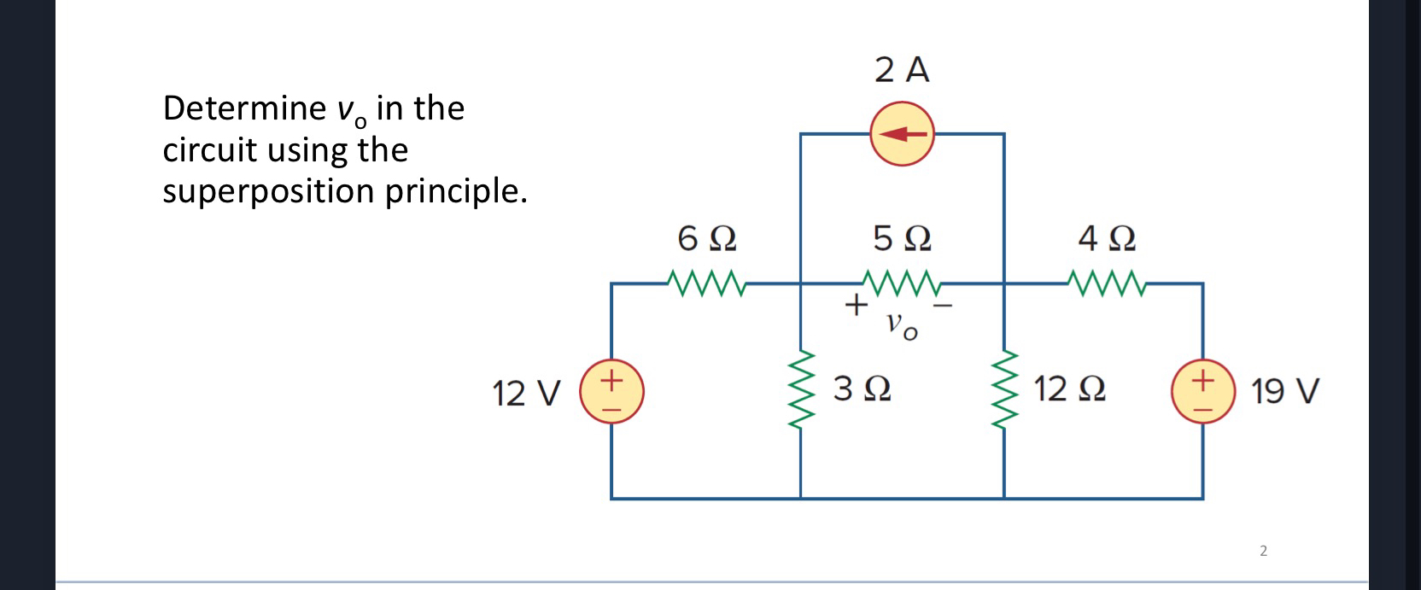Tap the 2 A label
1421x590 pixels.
[902, 70]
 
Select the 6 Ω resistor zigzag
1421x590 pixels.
[706, 282]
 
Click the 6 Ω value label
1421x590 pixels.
[707, 238]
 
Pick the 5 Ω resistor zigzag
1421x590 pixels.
[902, 282]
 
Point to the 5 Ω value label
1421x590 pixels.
[902, 238]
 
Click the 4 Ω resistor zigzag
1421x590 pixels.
[1107, 282]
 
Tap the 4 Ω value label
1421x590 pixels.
[1107, 238]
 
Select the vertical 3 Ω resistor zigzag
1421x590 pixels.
[801, 391]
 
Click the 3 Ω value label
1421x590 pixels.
[863, 390]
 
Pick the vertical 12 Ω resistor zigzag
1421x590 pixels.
[1004, 391]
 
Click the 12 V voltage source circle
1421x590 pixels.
[611, 392]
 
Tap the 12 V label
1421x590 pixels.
[526, 394]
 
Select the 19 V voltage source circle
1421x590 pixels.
[1203, 392]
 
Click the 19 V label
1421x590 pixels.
[1284, 393]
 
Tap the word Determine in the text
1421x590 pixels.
[243, 108]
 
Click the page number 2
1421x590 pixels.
[1264, 551]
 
